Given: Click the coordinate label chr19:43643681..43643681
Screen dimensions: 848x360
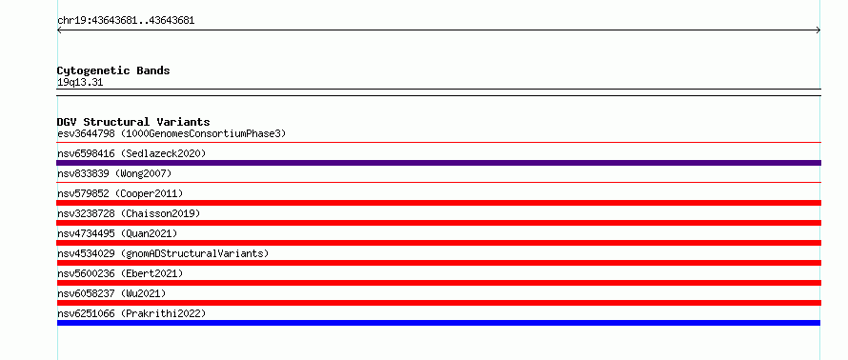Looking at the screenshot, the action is pyautogui.click(x=126, y=21).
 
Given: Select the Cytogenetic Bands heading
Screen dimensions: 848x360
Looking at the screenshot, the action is pyautogui.click(x=113, y=70).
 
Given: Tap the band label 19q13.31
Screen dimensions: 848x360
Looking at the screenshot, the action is pyautogui.click(x=80, y=83).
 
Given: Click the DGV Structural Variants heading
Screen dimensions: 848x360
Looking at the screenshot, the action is pyautogui.click(x=133, y=122).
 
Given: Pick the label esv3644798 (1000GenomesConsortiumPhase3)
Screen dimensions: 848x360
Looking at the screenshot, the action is pyautogui.click(x=172, y=133).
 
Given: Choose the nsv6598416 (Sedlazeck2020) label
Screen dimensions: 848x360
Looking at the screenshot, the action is pyautogui.click(x=131, y=153).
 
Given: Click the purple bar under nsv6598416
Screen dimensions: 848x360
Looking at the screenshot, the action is pyautogui.click(x=438, y=163).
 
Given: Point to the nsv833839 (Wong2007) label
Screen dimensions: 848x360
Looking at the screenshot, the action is pyautogui.click(x=114, y=173).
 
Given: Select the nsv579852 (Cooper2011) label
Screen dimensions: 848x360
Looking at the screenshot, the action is pyautogui.click(x=120, y=193).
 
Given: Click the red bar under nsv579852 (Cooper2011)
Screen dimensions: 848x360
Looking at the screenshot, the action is pyautogui.click(x=438, y=203).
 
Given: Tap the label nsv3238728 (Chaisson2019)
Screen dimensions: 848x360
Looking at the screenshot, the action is pyautogui.click(x=129, y=213).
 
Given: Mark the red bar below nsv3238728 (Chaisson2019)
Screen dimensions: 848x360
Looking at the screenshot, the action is pyautogui.click(x=438, y=223).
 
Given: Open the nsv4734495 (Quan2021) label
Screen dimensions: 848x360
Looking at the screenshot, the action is pyautogui.click(x=117, y=233).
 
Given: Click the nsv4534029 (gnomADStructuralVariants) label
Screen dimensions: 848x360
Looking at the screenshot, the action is pyautogui.click(x=163, y=253).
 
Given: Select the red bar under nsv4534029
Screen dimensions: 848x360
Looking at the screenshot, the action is pyautogui.click(x=438, y=263).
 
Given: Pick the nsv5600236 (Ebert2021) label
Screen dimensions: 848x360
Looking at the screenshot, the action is pyautogui.click(x=120, y=273).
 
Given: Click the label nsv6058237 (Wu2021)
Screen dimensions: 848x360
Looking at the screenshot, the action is pyautogui.click(x=111, y=293).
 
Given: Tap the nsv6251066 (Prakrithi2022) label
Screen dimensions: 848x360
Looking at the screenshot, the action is pyautogui.click(x=131, y=313).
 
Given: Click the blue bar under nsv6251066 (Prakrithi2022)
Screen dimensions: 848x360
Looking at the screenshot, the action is pyautogui.click(x=438, y=323).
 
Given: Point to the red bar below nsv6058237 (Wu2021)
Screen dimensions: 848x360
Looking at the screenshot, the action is pyautogui.click(x=438, y=303).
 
